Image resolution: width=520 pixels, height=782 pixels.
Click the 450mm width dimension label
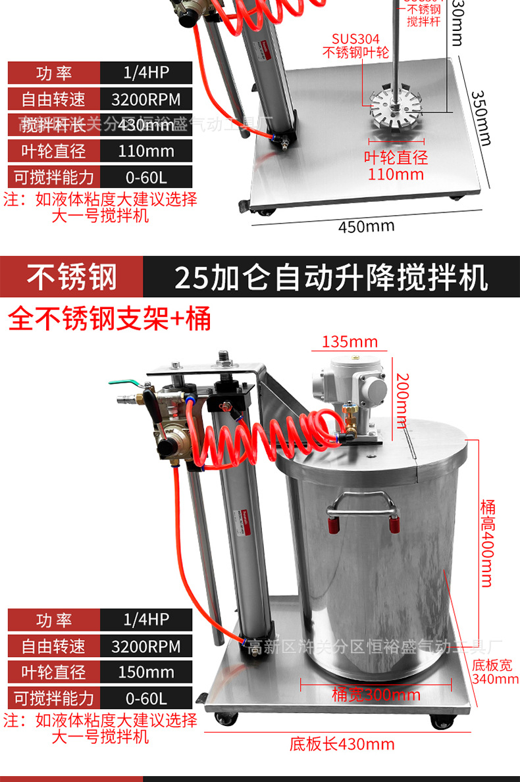(367, 226)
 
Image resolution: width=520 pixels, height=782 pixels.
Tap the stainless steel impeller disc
(394, 106)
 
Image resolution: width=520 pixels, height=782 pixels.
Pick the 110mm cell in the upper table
(145, 151)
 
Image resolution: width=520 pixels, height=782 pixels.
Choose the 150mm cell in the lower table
(145, 672)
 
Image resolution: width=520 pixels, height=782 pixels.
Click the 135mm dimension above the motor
(350, 342)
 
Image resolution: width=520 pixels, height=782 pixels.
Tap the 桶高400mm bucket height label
(488, 543)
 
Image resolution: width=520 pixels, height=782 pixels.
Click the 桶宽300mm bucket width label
(377, 695)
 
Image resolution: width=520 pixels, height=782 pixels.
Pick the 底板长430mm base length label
(342, 744)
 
